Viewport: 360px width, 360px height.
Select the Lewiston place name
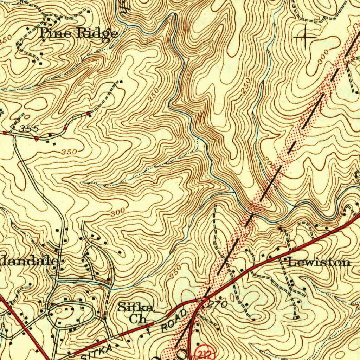(x=319, y=262)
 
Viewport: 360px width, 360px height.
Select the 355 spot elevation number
(x=28, y=129)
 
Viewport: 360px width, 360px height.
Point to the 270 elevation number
(x=217, y=305)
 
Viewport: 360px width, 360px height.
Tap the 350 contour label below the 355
(x=69, y=152)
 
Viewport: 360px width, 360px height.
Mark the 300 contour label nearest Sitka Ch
(x=117, y=213)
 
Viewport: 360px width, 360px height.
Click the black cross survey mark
(x=305, y=37)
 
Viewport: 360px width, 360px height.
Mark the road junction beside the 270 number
(x=203, y=301)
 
